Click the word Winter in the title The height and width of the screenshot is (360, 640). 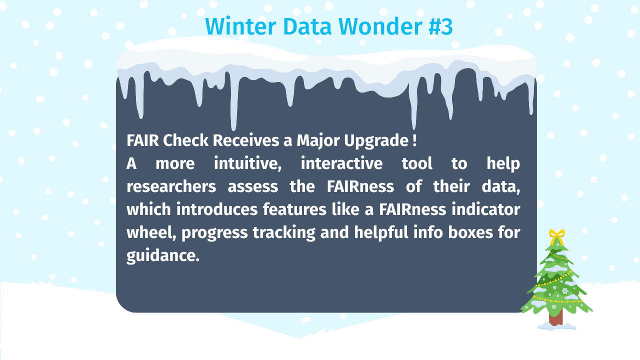pyautogui.click(x=240, y=26)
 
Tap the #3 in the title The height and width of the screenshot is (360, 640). pyautogui.click(x=440, y=26)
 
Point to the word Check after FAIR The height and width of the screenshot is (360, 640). pyautogui.click(x=185, y=140)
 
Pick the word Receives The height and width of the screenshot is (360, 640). pyautogui.click(x=246, y=140)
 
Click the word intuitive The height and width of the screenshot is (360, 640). pyautogui.click(x=247, y=163)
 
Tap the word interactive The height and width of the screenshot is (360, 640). pyautogui.click(x=341, y=163)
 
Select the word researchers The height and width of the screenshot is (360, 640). pyautogui.click(x=171, y=186)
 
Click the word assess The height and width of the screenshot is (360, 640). pyautogui.click(x=253, y=186)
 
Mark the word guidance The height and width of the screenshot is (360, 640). pyautogui.click(x=163, y=255)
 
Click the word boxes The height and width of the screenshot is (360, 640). pyautogui.click(x=470, y=232)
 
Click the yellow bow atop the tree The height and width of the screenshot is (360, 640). pyautogui.click(x=556, y=236)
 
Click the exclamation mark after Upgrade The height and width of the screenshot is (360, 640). pyautogui.click(x=414, y=140)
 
